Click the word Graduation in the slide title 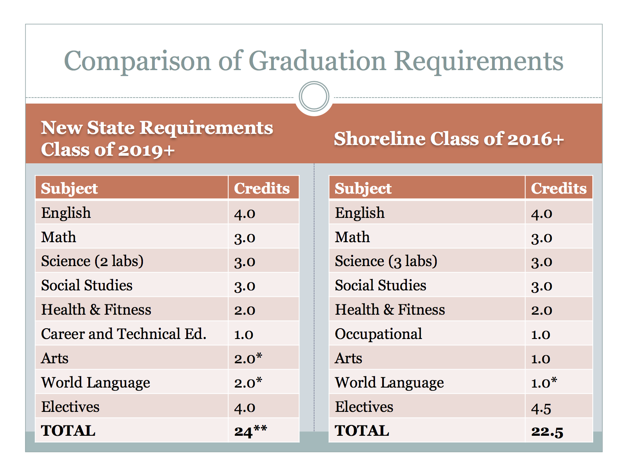tap(317, 61)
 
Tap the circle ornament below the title tap(314, 96)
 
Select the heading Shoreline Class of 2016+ tap(449, 139)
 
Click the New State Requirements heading tap(157, 138)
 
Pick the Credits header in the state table tap(262, 188)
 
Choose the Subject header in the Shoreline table tap(363, 188)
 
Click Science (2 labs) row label tap(92, 261)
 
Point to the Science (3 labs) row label tap(386, 261)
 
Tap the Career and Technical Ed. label tap(123, 334)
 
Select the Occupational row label tap(378, 334)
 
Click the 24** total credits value tap(250, 431)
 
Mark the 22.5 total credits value tap(547, 431)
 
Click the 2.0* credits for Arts tap(248, 358)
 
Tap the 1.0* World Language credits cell tap(544, 382)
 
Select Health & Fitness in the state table tap(96, 309)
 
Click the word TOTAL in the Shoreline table tap(362, 431)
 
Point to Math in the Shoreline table tap(352, 237)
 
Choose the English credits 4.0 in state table tap(244, 214)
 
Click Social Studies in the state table tap(87, 286)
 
